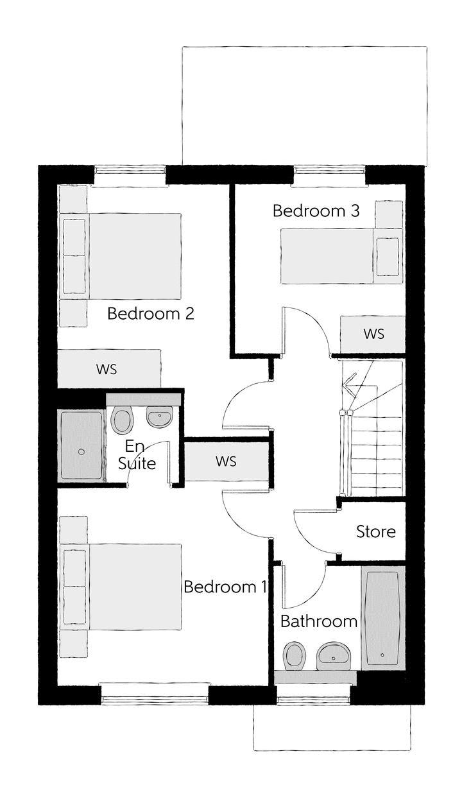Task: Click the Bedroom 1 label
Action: tap(225, 587)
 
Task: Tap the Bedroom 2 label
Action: tap(151, 314)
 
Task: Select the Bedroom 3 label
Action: tap(316, 211)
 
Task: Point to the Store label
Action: tap(376, 532)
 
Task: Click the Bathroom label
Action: tap(319, 621)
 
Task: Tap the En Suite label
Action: tap(137, 454)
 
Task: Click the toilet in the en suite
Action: tap(123, 420)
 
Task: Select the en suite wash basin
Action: tap(159, 417)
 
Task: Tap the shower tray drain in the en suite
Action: tap(81, 451)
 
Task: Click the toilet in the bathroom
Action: tap(294, 656)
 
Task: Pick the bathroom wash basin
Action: tap(333, 656)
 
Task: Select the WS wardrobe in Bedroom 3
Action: tap(373, 334)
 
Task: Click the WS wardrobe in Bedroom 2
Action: tap(109, 369)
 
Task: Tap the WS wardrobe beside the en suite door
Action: tap(227, 461)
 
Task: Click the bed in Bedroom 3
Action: tap(342, 256)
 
